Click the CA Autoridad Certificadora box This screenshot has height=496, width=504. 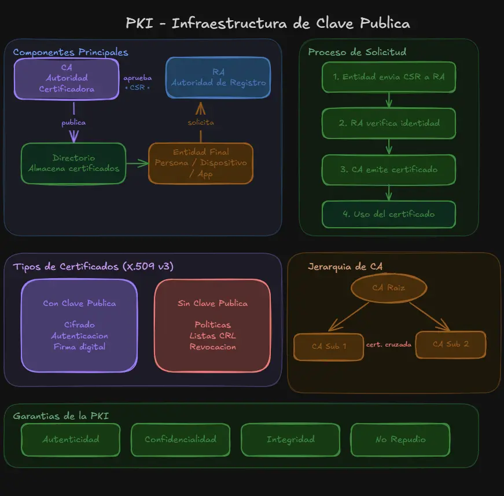click(x=67, y=78)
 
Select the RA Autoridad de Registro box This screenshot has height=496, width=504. click(x=218, y=77)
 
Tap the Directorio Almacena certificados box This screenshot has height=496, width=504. click(x=73, y=163)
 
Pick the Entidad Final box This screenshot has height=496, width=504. click(x=201, y=163)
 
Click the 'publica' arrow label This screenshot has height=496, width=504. click(x=73, y=122)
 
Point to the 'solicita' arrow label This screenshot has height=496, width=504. click(x=201, y=122)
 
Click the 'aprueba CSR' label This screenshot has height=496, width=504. click(x=138, y=83)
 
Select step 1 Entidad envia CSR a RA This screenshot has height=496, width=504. click(x=389, y=77)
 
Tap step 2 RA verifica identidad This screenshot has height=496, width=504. click(x=389, y=123)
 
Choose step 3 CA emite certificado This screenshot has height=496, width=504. click(x=389, y=170)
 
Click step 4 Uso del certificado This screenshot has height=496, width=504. click(x=389, y=214)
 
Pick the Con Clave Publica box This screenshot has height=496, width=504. click(x=79, y=325)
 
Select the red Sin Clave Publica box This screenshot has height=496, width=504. click(x=212, y=325)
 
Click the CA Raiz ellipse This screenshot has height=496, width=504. click(x=389, y=288)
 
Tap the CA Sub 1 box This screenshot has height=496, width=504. click(x=329, y=347)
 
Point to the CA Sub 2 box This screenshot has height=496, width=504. click(x=451, y=344)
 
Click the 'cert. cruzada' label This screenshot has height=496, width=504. click(x=389, y=344)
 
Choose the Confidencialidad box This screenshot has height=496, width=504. click(x=181, y=439)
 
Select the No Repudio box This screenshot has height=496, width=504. click(x=400, y=439)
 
